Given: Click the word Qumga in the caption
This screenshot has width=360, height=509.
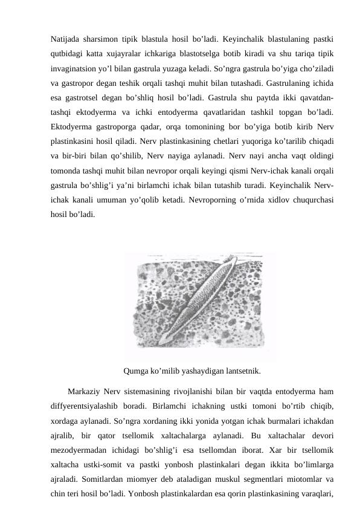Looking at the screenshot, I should point(135,371).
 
